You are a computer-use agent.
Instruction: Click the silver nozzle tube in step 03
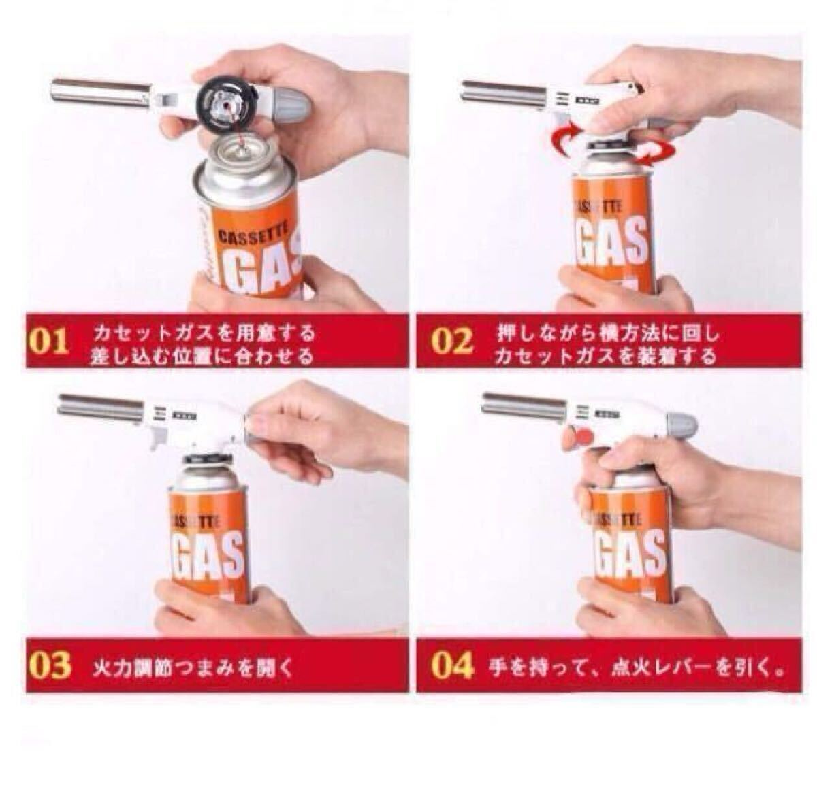(x=103, y=407)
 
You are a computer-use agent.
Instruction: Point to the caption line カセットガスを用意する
(x=204, y=334)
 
